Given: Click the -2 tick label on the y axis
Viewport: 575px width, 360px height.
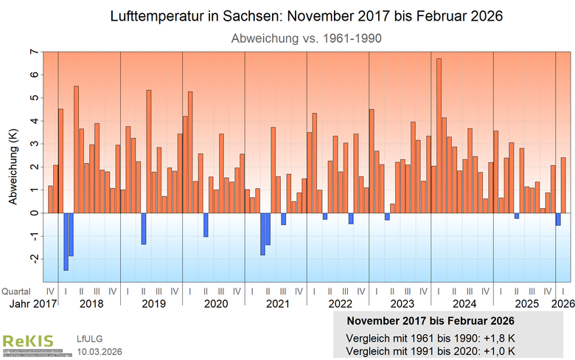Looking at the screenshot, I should (x=32, y=259).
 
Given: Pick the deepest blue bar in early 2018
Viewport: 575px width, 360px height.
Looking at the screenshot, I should (x=66, y=241).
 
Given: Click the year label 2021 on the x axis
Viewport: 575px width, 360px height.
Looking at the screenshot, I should (x=277, y=303).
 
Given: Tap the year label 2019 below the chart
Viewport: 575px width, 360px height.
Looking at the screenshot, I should (x=153, y=303).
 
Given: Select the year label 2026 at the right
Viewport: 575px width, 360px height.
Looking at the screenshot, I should (x=563, y=303).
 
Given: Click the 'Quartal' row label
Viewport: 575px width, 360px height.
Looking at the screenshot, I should (x=16, y=291).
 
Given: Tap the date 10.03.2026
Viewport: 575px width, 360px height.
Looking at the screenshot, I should (x=100, y=350).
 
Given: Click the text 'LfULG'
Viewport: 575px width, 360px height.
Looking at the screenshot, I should (x=89, y=339).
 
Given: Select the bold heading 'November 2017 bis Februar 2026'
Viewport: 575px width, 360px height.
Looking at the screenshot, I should (x=431, y=322).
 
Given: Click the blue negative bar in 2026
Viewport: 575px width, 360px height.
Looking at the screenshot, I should (x=558, y=219).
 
